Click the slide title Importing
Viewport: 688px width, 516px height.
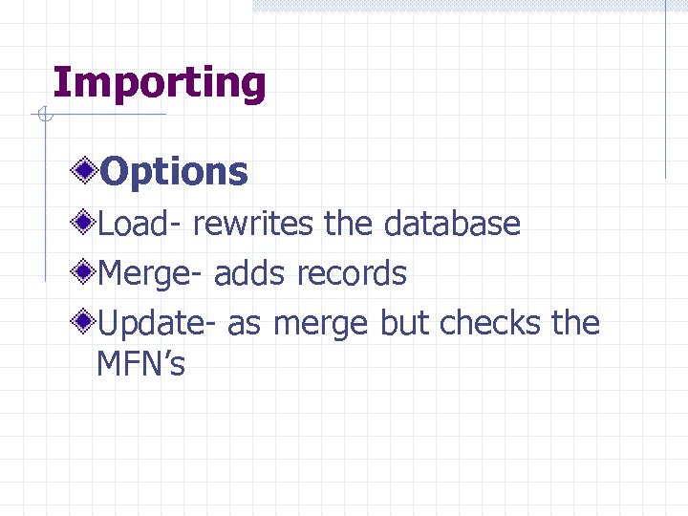click(160, 84)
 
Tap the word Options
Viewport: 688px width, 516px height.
click(174, 172)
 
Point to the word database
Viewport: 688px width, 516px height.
click(452, 225)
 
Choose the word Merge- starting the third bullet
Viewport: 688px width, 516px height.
click(151, 274)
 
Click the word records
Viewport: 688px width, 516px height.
click(351, 274)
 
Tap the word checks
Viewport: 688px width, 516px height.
click(490, 324)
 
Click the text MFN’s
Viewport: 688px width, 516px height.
click(140, 364)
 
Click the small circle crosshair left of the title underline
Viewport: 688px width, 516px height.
click(43, 116)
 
